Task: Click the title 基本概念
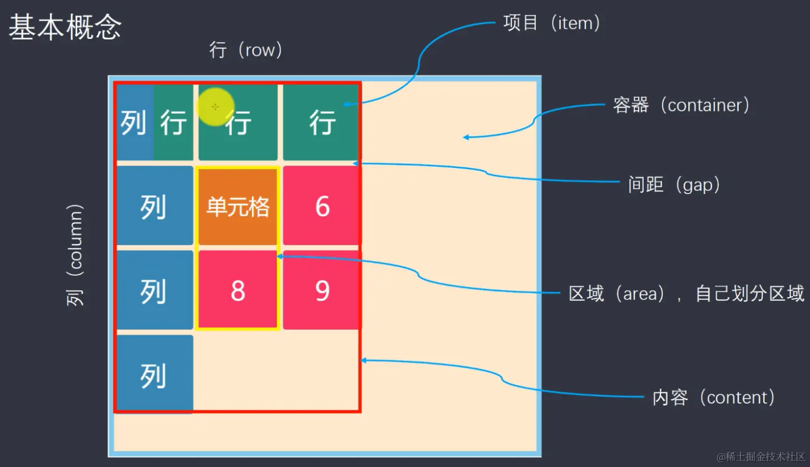pos(65,27)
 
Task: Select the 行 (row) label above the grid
pos(246,50)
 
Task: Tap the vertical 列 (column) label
pos(74,255)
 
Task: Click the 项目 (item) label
pos(551,23)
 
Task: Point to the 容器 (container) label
pos(680,105)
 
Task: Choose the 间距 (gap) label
pos(673,184)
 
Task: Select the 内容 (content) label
pos(713,397)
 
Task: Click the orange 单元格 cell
pos(238,207)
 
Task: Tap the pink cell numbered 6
pos(322,206)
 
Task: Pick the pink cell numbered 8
pos(238,290)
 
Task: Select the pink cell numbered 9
pos(322,290)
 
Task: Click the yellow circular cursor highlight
pos(215,106)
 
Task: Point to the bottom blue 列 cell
pos(154,375)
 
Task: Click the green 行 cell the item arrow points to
pos(322,122)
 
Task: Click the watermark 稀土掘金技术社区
pos(761,456)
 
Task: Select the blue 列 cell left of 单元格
pos(154,206)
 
